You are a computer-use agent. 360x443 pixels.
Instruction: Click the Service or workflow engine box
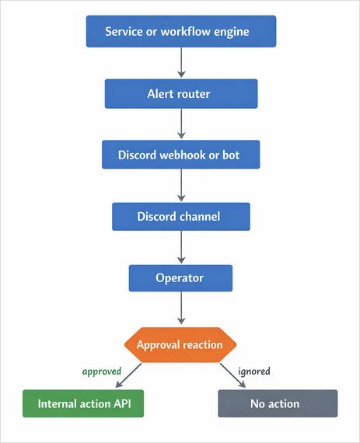coord(180,32)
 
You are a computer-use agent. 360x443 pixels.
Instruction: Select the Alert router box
coord(180,93)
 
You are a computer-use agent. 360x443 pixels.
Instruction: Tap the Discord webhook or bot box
coord(180,155)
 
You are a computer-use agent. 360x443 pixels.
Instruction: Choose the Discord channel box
coord(180,216)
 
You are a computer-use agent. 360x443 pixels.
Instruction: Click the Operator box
coord(180,277)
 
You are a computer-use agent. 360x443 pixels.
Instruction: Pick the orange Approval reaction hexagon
coord(180,344)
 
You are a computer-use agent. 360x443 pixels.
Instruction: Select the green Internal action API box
coord(83,403)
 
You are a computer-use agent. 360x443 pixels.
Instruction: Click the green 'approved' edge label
coord(102,371)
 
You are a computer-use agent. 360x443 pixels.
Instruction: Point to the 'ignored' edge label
coord(254,371)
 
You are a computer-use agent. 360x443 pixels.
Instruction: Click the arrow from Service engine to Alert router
coord(180,62)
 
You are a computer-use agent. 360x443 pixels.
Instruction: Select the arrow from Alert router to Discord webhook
coord(180,124)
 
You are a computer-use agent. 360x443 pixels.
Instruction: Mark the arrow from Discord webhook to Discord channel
coord(180,185)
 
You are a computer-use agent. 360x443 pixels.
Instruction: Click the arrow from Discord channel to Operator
coord(180,247)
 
